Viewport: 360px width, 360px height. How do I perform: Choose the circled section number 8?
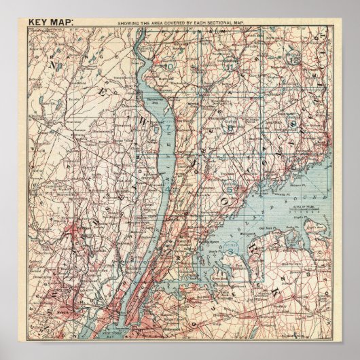[x=230, y=125]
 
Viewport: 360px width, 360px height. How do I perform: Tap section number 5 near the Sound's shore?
[x=230, y=189]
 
